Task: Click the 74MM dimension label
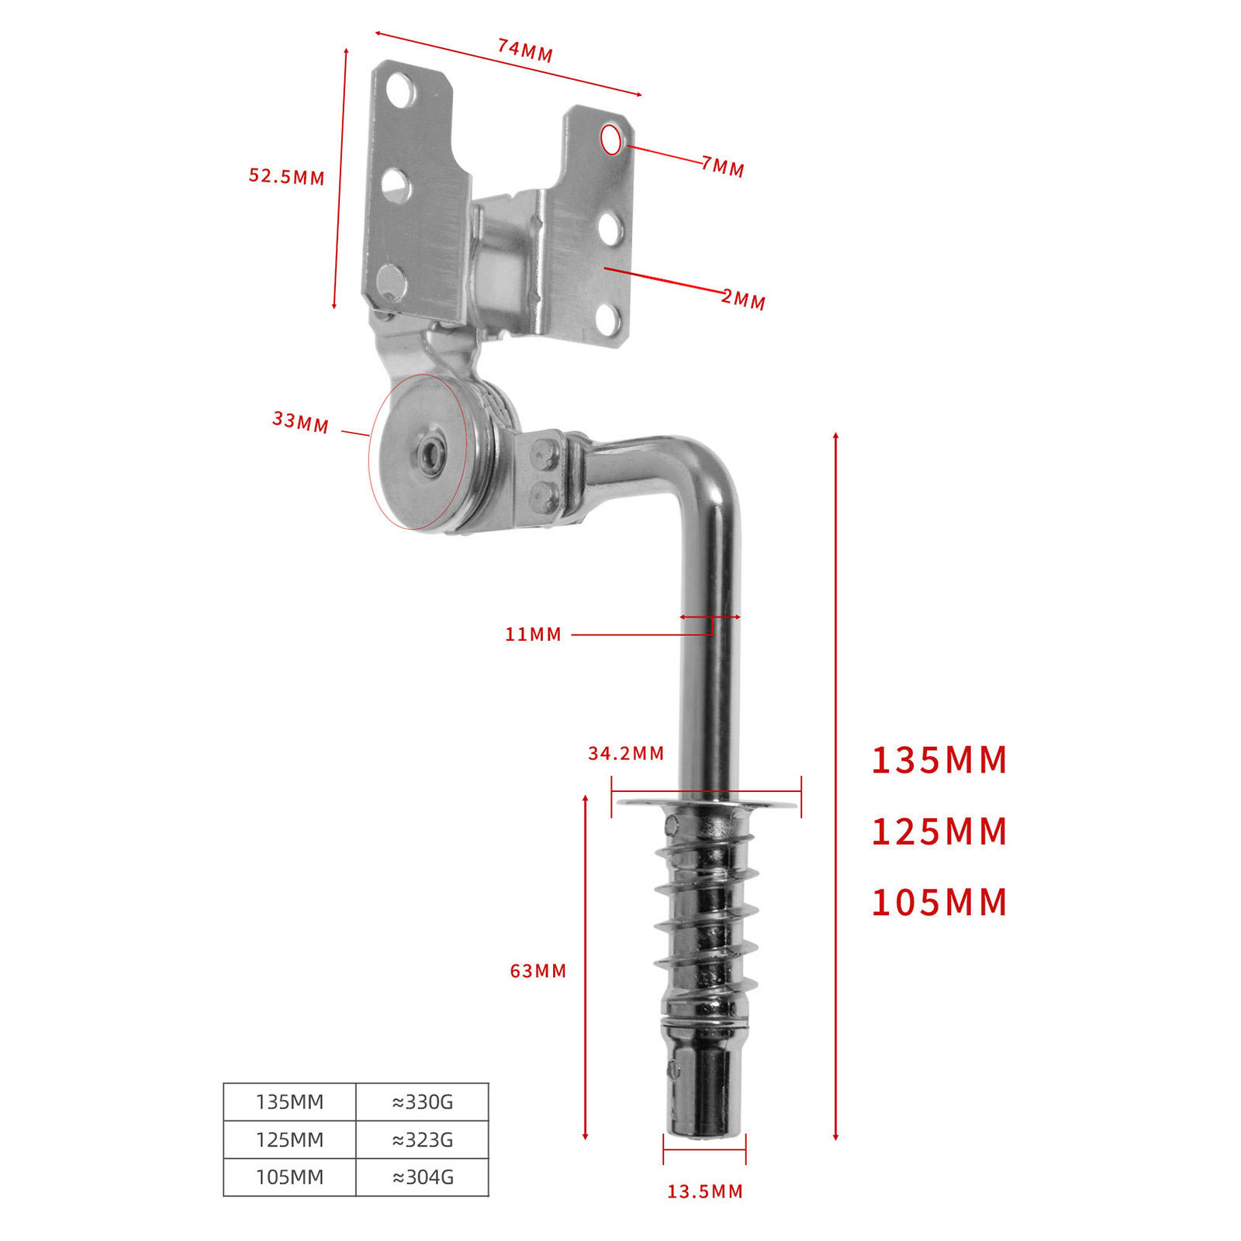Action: (x=525, y=50)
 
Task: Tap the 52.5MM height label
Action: (x=286, y=176)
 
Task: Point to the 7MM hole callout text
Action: (x=723, y=166)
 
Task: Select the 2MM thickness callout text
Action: (x=743, y=299)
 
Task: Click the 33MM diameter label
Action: (x=300, y=422)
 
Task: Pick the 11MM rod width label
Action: (x=533, y=634)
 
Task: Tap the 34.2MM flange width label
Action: (x=626, y=753)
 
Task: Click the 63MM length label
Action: (x=538, y=971)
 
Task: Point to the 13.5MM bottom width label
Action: (x=705, y=1191)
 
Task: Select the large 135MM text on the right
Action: (x=939, y=760)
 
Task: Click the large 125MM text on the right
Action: (x=939, y=831)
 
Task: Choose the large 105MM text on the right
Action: (x=939, y=902)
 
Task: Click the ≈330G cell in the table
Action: (x=423, y=1102)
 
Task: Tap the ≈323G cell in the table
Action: (x=423, y=1140)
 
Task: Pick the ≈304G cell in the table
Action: (x=423, y=1177)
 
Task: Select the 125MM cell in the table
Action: (x=289, y=1140)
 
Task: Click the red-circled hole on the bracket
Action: (x=611, y=140)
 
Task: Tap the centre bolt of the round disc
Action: (x=429, y=453)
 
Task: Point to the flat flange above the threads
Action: (x=707, y=804)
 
